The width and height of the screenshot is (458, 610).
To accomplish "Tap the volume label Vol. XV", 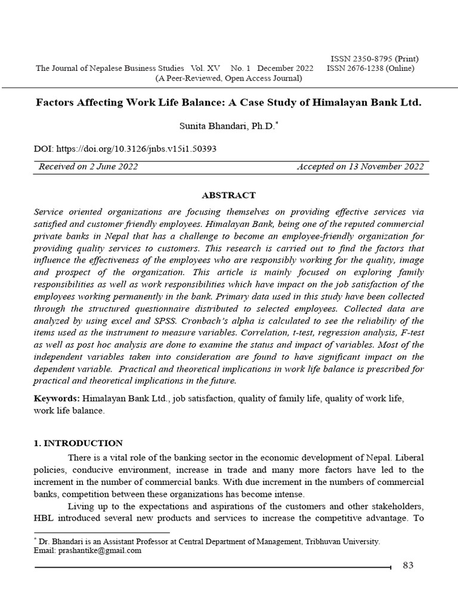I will [x=206, y=68].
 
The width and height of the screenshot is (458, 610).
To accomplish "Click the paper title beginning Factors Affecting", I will [x=228, y=102].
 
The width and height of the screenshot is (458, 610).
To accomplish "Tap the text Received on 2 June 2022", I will [x=88, y=167].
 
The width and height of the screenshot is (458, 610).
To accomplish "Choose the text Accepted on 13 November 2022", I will [x=360, y=167].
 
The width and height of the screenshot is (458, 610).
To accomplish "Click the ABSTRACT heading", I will [x=228, y=195].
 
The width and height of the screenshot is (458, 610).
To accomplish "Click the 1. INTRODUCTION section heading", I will [x=78, y=443].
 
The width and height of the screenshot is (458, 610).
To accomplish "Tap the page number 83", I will [x=408, y=565].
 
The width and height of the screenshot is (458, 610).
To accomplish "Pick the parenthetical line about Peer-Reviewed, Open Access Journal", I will [x=228, y=78].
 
